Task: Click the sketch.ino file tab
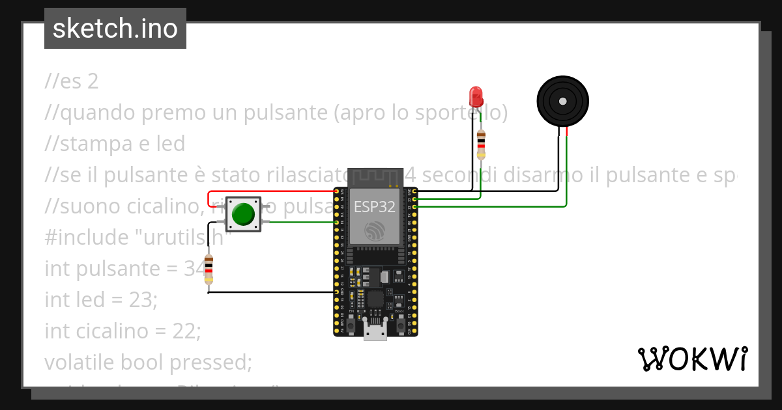click(115, 29)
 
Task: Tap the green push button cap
click(243, 214)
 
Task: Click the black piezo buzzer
click(562, 101)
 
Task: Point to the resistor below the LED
click(481, 144)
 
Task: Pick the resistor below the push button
click(209, 269)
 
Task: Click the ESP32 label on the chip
click(375, 207)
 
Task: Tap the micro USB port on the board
click(375, 333)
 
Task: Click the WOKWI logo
click(692, 359)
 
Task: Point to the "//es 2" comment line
click(72, 81)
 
